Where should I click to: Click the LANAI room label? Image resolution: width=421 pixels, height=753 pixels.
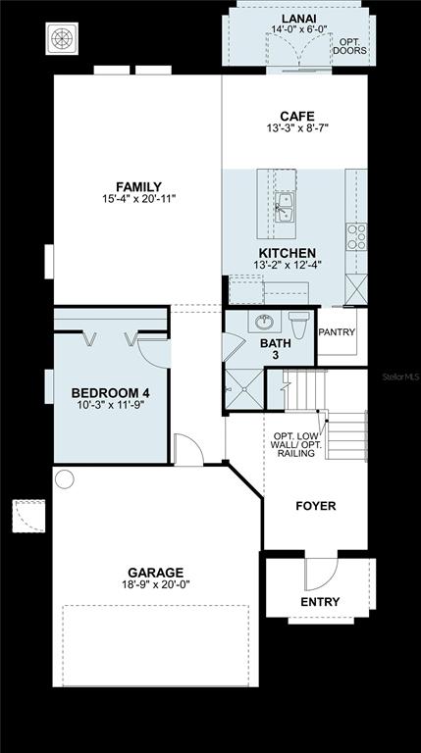pyautogui.click(x=298, y=19)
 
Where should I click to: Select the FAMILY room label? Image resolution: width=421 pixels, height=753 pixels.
pyautogui.click(x=139, y=187)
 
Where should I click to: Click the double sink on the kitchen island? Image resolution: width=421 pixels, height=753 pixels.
pyautogui.click(x=285, y=207)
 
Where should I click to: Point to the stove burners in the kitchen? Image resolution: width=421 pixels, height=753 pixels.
pyautogui.click(x=356, y=236)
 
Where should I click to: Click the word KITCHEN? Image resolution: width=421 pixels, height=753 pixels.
pyautogui.click(x=288, y=253)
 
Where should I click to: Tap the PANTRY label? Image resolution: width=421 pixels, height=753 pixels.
pyautogui.click(x=337, y=331)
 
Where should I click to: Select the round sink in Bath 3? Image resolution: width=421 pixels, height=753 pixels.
pyautogui.click(x=264, y=322)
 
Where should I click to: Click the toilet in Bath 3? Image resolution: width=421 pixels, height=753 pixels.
pyautogui.click(x=299, y=325)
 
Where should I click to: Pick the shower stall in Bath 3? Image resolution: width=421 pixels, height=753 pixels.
pyautogui.click(x=244, y=389)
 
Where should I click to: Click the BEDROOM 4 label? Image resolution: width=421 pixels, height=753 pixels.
pyautogui.click(x=111, y=393)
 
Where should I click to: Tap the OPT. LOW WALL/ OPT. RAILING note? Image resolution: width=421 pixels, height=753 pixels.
pyautogui.click(x=296, y=445)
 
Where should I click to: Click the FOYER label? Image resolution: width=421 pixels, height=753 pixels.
pyautogui.click(x=316, y=506)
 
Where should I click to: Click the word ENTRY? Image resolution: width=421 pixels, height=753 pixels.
pyautogui.click(x=320, y=602)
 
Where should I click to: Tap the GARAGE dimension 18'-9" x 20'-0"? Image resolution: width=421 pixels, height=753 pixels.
pyautogui.click(x=156, y=584)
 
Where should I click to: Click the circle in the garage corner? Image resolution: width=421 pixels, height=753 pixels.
pyautogui.click(x=65, y=479)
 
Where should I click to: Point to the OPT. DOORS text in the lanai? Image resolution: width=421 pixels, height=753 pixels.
pyautogui.click(x=350, y=46)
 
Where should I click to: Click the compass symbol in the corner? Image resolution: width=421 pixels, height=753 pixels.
pyautogui.click(x=62, y=38)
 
